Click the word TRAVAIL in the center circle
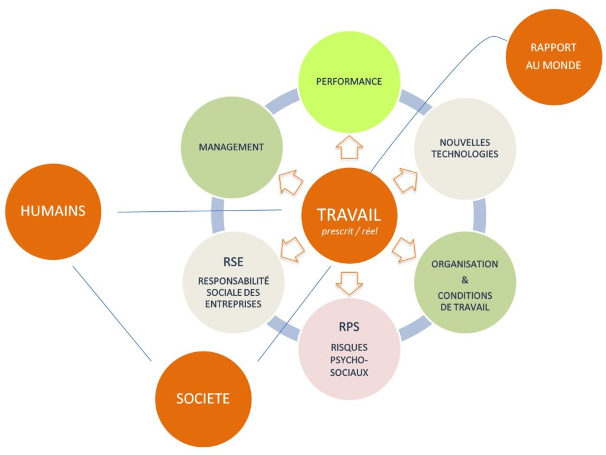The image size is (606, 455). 349,214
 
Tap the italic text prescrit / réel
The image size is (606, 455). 349,231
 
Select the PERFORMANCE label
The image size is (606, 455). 349,82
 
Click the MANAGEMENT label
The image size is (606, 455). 231,147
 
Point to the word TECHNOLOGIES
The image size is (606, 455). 465,154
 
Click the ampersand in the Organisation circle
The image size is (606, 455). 465,280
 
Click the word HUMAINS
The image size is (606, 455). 53,211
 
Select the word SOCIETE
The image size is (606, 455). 202,398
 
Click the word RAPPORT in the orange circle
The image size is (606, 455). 553,48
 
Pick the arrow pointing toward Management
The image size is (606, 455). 291,181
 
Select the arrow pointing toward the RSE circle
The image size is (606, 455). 292,249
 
